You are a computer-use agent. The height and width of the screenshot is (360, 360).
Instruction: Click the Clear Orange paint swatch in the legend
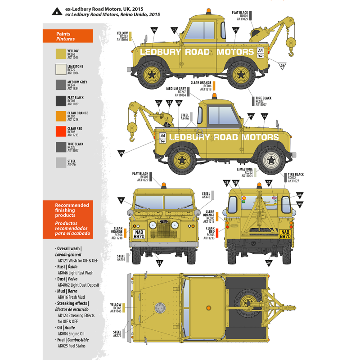pos(61,116)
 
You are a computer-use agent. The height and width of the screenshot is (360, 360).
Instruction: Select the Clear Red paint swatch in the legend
pos(61,131)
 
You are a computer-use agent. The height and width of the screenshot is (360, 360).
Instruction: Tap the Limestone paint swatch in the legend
pos(61,69)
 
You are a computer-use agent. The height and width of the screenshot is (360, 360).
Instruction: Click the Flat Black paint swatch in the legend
pos(61,100)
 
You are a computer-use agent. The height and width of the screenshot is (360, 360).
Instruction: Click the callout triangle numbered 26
pos(154,31)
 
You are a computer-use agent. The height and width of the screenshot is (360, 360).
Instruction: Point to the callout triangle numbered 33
pos(159,262)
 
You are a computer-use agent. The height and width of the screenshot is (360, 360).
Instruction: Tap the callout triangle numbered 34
pos(269,262)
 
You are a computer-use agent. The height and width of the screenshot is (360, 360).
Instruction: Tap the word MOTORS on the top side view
pos(235,52)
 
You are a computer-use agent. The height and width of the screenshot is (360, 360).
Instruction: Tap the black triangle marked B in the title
pos(57,12)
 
